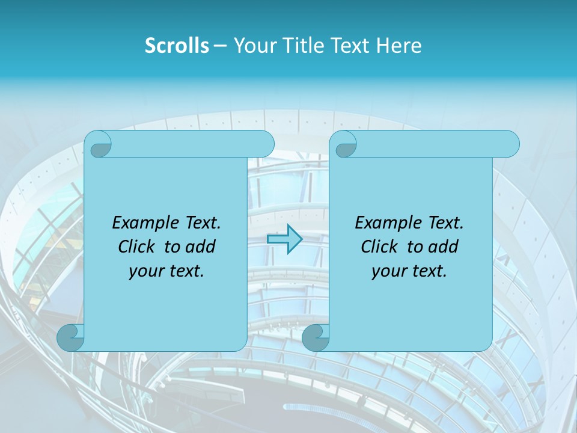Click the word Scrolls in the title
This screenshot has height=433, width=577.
pos(177,46)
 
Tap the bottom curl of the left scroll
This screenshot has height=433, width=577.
pos(70,337)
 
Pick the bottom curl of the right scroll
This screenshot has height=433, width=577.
pos(316,337)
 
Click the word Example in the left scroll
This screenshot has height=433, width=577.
pos(144,223)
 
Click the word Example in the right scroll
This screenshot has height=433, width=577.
pos(387,223)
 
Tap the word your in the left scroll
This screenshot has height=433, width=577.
pos(145,271)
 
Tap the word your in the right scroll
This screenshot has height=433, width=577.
pos(388,271)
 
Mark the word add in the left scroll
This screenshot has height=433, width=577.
pos(200,247)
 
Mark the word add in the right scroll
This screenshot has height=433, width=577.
pos(443,247)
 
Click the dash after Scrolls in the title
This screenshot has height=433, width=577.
pos(220,46)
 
